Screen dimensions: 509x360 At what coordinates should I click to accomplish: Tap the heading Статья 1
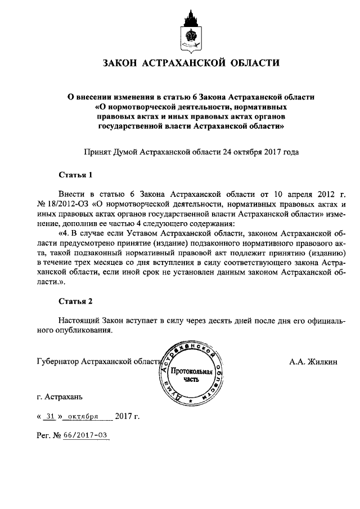tap(75, 175)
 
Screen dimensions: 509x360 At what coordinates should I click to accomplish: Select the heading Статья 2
tap(75, 301)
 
